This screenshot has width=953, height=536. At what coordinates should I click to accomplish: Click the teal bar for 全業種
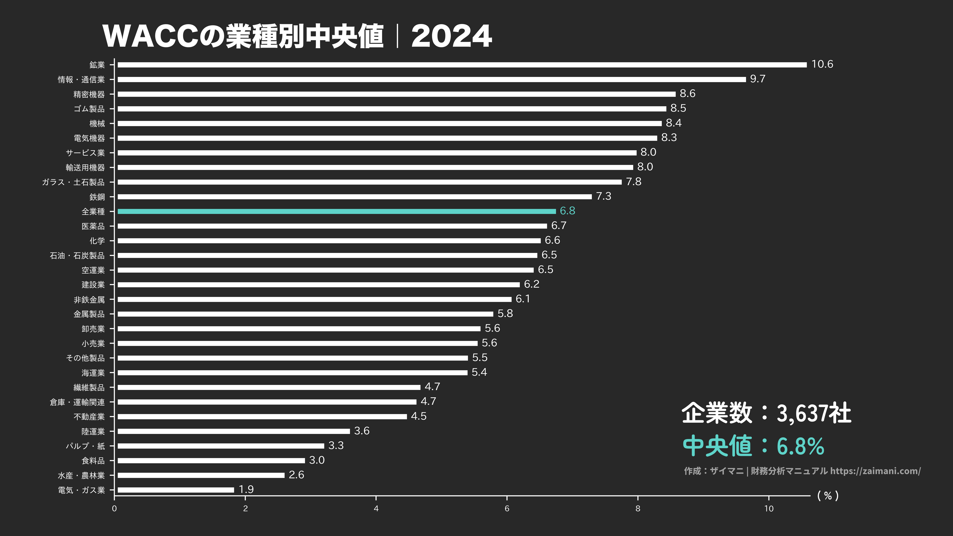pyautogui.click(x=337, y=211)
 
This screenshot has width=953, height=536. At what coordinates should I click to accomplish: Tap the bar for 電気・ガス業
pyautogui.click(x=176, y=490)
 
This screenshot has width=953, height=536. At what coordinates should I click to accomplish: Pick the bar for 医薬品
pyautogui.click(x=332, y=226)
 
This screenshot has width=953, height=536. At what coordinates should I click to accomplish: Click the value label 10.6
pyautogui.click(x=822, y=64)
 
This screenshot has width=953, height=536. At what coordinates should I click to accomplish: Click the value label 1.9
pyautogui.click(x=246, y=489)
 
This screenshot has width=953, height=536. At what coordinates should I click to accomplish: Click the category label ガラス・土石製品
pyautogui.click(x=73, y=182)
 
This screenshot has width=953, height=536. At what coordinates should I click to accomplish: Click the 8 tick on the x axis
pyautogui.click(x=638, y=509)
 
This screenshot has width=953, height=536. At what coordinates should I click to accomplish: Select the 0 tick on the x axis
pyautogui.click(x=114, y=509)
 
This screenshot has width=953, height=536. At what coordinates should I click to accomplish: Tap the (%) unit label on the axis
pyautogui.click(x=828, y=496)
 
